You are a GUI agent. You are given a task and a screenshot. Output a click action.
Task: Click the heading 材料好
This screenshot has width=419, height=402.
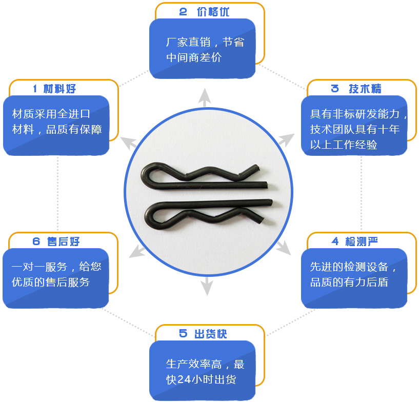(59, 89)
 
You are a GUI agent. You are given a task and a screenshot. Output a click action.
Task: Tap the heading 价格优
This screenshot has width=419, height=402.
(213, 12)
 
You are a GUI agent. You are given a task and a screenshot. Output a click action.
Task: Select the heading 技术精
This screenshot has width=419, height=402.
(365, 89)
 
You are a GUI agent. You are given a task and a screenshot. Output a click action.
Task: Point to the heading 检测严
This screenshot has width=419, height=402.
(361, 242)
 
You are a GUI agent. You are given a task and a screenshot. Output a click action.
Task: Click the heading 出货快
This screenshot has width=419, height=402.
(211, 334)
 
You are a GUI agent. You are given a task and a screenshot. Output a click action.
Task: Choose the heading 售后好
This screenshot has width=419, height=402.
(63, 242)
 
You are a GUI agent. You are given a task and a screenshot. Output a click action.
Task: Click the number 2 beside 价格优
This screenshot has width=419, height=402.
(183, 12)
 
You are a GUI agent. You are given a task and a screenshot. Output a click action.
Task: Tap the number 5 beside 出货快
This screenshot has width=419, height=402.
(183, 334)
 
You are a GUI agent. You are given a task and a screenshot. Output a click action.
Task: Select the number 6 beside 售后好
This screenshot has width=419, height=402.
(36, 242)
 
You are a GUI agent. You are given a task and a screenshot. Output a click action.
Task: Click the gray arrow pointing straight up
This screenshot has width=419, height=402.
(205, 97)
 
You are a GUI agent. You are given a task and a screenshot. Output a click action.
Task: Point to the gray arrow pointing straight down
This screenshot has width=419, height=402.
(207, 286)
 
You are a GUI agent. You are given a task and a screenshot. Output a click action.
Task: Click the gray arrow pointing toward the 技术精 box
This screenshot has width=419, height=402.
(286, 140)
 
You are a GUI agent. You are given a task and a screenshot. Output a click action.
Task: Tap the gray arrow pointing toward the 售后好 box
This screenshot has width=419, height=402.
(137, 251)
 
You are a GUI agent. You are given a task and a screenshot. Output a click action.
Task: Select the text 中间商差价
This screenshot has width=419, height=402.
(194, 57)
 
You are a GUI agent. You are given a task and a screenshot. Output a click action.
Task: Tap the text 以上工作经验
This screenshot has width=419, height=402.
(344, 145)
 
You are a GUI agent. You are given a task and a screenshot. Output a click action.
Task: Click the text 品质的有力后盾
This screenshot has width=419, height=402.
(349, 282)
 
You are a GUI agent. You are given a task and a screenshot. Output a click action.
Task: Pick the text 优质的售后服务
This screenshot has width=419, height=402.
(51, 282)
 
